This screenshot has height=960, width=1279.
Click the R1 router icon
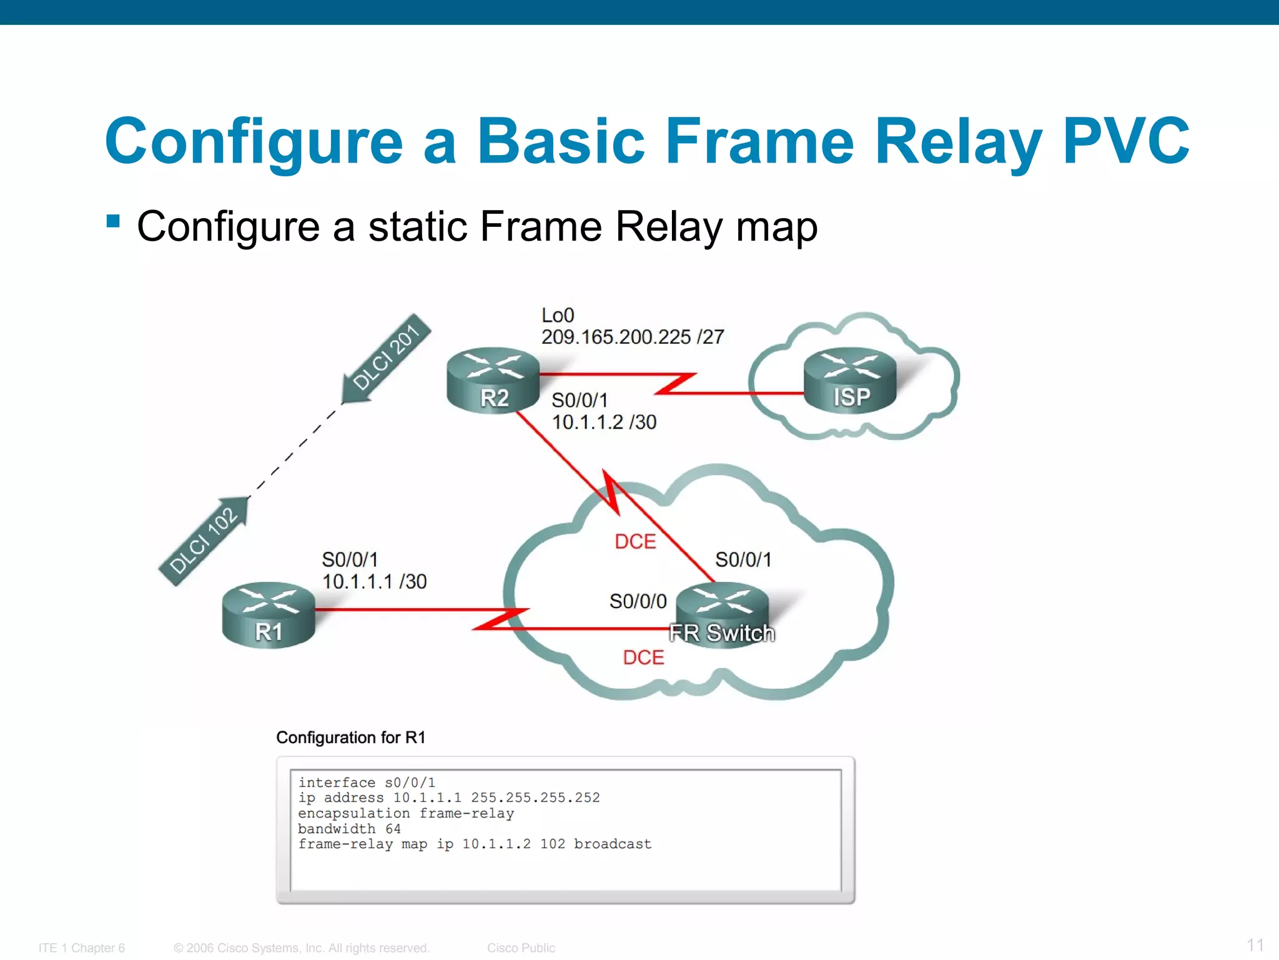(x=269, y=615)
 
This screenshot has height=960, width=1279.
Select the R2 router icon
(x=493, y=380)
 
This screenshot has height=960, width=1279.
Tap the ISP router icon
(x=850, y=380)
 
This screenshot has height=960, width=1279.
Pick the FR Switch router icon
(x=723, y=615)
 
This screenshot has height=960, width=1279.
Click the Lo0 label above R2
(x=558, y=315)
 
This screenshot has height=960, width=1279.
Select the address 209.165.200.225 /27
(x=632, y=337)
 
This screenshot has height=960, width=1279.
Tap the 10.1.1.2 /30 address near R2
(x=604, y=422)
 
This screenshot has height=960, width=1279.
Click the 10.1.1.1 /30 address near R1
(x=374, y=581)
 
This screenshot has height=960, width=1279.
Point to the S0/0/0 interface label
(x=638, y=601)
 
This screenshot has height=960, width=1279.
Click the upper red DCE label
(x=635, y=541)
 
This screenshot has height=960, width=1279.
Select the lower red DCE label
(x=643, y=657)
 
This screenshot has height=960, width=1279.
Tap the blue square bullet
(x=113, y=221)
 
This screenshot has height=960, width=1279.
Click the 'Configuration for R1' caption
(x=350, y=737)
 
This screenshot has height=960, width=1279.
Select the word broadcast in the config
(x=613, y=844)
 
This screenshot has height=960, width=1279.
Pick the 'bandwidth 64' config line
(x=349, y=829)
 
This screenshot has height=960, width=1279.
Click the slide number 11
(x=1255, y=944)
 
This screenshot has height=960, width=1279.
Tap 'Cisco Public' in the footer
(x=521, y=947)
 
